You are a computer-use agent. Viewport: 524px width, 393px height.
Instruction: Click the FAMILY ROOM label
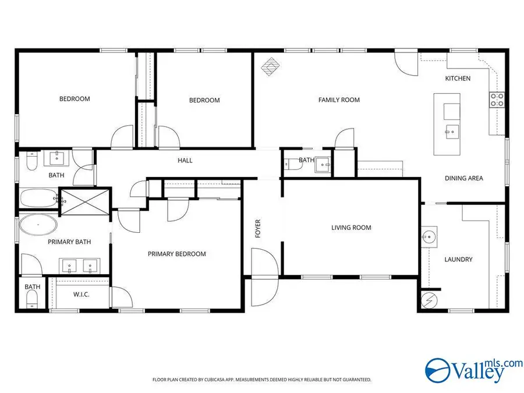339,100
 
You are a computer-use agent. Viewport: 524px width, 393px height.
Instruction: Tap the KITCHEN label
458,79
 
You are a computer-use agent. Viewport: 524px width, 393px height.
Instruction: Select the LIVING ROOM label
351,228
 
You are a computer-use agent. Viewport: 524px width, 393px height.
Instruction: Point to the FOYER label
258,228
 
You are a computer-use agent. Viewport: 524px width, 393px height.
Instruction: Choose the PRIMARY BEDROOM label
176,254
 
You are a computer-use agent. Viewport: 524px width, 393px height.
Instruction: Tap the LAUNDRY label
458,260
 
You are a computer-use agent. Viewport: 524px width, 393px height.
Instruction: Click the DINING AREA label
464,179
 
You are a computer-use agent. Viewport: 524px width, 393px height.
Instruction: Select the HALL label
185,161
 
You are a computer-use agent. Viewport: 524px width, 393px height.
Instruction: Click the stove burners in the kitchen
497,100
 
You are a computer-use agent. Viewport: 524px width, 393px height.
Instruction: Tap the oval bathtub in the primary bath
38,225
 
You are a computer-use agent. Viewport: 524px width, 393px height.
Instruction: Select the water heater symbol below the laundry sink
429,300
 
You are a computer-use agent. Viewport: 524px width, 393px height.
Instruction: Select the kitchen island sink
451,132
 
